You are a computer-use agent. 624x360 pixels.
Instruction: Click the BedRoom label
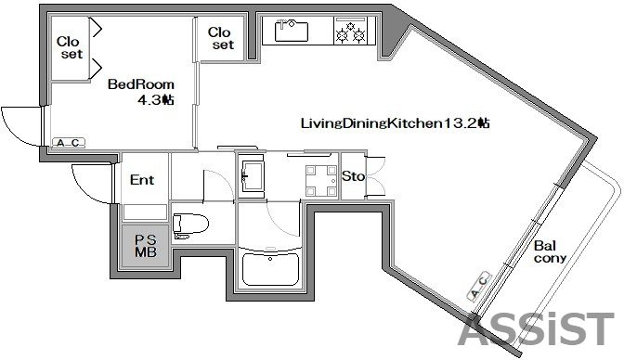coord(139,84)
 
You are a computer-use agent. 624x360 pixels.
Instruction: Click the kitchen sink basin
coord(292,32)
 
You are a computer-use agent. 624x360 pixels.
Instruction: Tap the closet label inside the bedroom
coord(69,47)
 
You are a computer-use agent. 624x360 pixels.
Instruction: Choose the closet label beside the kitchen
coord(222,37)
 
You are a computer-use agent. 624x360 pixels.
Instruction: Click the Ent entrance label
coord(142,180)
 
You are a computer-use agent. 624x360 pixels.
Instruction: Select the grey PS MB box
coord(146,246)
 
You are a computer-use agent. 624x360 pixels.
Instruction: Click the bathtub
coord(269,270)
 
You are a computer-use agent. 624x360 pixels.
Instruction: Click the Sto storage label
coord(353,176)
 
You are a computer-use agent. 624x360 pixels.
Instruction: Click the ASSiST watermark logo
coord(535,330)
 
